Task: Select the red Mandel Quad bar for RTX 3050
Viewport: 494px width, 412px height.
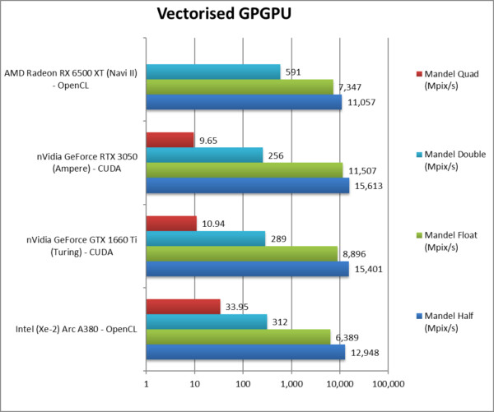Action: [x=170, y=140]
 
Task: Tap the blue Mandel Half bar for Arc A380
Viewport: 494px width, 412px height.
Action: [x=245, y=352]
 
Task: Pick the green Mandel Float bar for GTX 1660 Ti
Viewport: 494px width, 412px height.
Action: [x=241, y=253]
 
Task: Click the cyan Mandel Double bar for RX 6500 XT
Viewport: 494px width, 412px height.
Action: [x=213, y=72]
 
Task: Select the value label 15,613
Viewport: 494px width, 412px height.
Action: [x=370, y=186]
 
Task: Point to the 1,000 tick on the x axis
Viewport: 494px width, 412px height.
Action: [x=291, y=383]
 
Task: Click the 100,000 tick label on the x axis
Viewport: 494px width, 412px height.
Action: [x=388, y=383]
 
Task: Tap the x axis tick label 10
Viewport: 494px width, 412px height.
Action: [x=194, y=383]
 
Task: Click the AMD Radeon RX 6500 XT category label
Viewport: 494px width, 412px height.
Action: [x=71, y=80]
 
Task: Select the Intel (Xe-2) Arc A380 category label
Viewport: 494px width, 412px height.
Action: [x=74, y=330]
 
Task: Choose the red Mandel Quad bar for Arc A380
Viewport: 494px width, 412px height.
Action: [x=183, y=306]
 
